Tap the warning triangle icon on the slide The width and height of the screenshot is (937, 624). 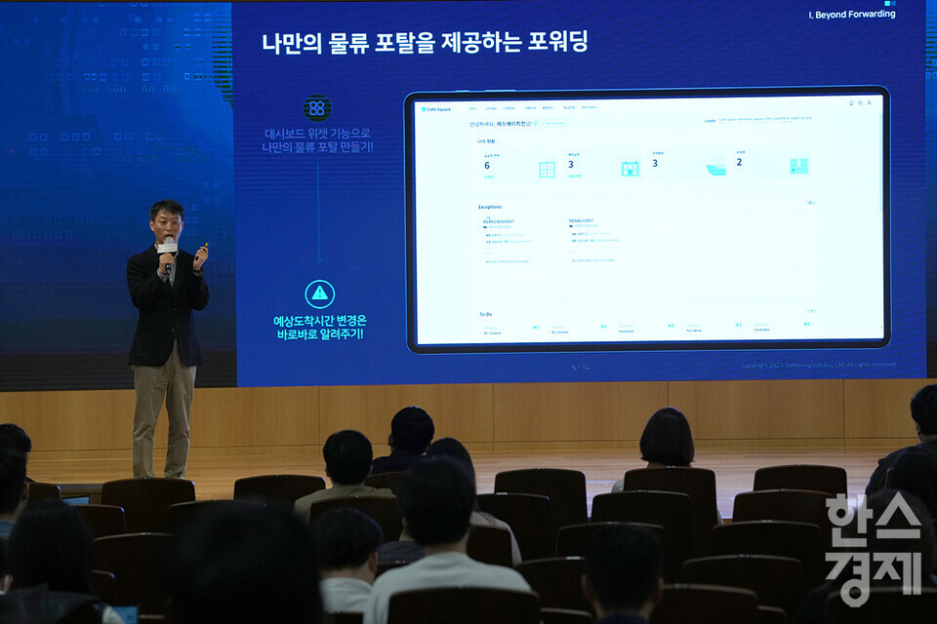tap(319, 293)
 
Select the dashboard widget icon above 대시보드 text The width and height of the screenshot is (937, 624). tap(316, 108)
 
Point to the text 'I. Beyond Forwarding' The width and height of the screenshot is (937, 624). tap(852, 15)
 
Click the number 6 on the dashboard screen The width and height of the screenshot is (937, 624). tap(487, 165)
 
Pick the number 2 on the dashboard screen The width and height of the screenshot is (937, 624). tap(739, 162)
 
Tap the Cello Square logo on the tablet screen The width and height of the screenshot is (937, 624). tap(436, 109)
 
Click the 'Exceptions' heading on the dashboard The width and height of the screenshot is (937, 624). tap(490, 207)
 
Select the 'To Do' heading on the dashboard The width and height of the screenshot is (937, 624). tap(485, 314)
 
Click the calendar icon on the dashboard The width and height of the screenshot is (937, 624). tap(631, 169)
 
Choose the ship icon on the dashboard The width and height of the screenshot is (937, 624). tap(715, 168)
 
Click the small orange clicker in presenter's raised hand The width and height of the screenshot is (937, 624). tap(203, 246)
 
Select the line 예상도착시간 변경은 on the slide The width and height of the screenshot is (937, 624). tap(319, 320)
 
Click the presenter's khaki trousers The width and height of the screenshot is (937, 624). tap(163, 409)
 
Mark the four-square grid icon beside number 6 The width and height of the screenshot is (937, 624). tap(547, 170)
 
